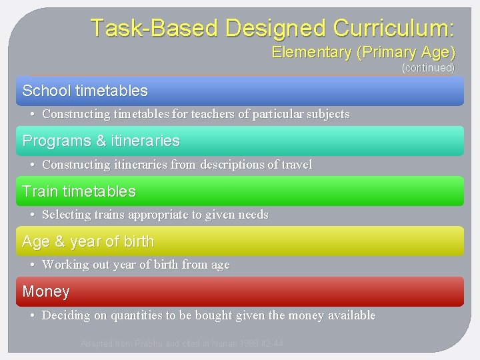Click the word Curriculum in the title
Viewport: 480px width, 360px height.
point(394,28)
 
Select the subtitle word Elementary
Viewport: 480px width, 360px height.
point(311,53)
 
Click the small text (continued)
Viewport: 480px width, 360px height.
point(428,68)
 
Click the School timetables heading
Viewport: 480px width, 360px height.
point(85,91)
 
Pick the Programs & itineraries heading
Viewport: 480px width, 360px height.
point(101,141)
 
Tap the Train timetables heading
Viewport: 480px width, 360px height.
point(79,191)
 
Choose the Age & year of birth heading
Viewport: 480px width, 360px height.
point(88,241)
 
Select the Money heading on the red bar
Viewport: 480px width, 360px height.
point(46,291)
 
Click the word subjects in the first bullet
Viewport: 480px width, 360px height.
point(325,114)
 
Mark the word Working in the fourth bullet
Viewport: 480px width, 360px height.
point(64,265)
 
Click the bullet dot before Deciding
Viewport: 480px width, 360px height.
point(33,315)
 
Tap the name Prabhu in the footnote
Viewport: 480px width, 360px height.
point(150,344)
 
